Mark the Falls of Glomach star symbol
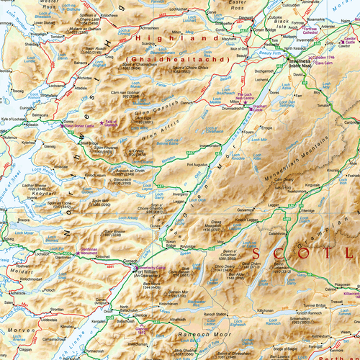(x=102, y=125)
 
